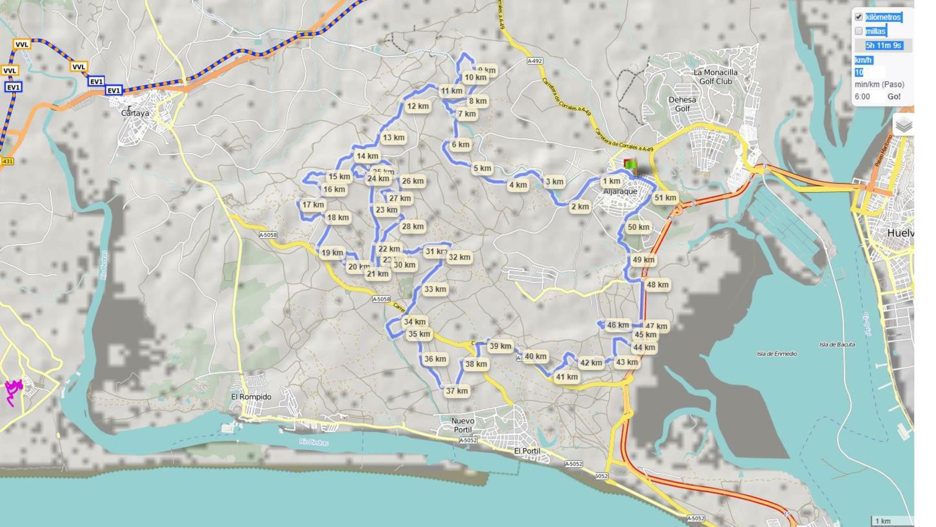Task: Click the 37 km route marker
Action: point(457,391)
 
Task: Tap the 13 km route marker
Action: point(394,138)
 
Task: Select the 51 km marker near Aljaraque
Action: point(665,198)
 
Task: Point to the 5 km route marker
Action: point(483,169)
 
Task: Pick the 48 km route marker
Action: point(658,285)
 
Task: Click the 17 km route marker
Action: point(314,205)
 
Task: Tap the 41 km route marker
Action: point(567,377)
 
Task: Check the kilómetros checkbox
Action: point(859,17)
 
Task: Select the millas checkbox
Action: point(859,31)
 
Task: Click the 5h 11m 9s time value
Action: point(883,45)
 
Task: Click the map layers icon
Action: point(904,125)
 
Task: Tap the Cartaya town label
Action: point(135,113)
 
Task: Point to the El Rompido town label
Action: point(252,397)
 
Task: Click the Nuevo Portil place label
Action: point(463,425)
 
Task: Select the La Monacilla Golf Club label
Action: point(715,77)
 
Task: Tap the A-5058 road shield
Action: point(267,235)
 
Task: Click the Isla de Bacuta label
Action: point(837,344)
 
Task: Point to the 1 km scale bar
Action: point(883,521)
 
